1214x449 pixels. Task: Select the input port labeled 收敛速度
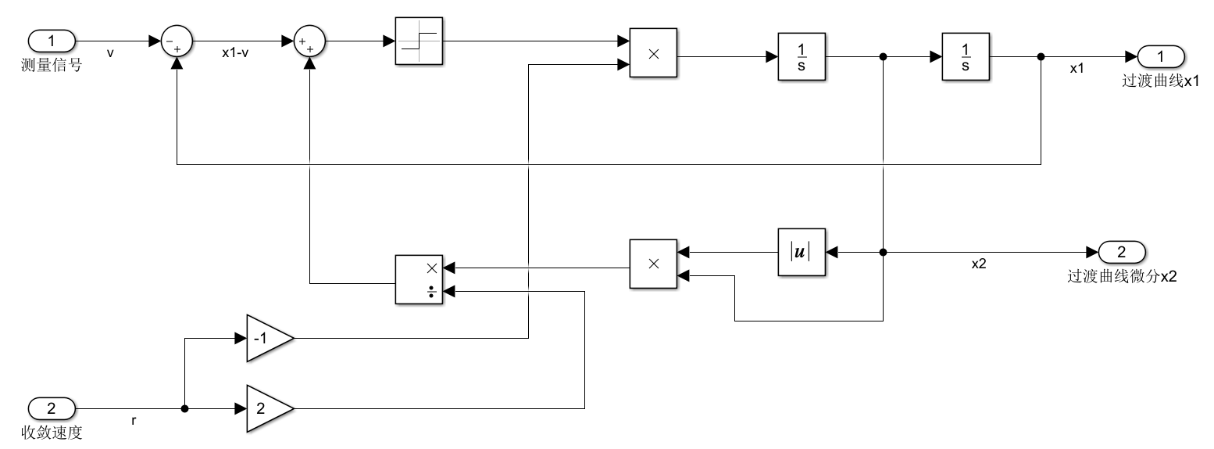pos(52,408)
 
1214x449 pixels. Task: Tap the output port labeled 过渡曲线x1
pos(1161,56)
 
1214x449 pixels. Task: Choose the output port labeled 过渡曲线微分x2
pos(1122,253)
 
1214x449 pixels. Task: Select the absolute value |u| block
pos(802,253)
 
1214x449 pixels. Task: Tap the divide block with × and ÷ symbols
pos(420,279)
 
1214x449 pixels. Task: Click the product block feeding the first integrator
pos(653,53)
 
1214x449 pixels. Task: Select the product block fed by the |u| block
pos(653,264)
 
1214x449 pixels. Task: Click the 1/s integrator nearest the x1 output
pos(966,56)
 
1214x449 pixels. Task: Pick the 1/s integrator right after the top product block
pos(802,56)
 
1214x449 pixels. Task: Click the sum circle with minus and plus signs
pos(177,40)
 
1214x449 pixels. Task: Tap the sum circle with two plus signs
pos(309,40)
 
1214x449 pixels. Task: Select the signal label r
pos(134,421)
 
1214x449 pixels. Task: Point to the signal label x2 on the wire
pos(978,264)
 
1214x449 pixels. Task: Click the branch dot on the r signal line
pos(184,408)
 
